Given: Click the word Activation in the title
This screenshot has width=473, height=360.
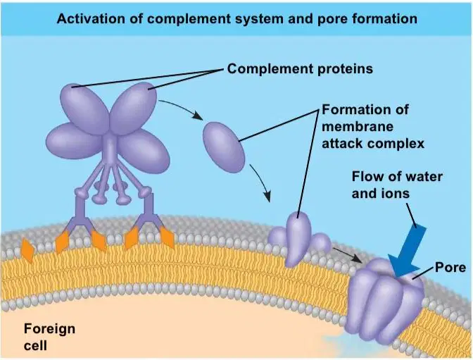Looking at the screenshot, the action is pyautogui.click(x=91, y=19).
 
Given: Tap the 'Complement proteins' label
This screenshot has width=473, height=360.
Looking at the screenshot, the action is pyautogui.click(x=300, y=69).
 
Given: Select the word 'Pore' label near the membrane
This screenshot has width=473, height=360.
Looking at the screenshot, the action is pyautogui.click(x=450, y=268).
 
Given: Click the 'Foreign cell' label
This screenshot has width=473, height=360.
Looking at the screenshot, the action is pyautogui.click(x=49, y=337).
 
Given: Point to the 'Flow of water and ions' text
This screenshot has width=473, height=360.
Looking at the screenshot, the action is pyautogui.click(x=397, y=185).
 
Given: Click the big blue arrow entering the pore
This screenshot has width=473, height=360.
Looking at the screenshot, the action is pyautogui.click(x=407, y=251).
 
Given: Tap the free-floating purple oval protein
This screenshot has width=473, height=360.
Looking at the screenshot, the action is pyautogui.click(x=224, y=147).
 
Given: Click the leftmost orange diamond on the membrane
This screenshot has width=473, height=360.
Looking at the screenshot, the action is pyautogui.click(x=27, y=250).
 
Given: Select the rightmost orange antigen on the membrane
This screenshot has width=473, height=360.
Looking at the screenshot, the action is pyautogui.click(x=167, y=237).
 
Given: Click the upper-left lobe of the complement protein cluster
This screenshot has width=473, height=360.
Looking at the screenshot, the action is pyautogui.click(x=84, y=108).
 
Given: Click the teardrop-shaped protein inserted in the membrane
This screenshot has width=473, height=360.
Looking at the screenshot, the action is pyautogui.click(x=297, y=240).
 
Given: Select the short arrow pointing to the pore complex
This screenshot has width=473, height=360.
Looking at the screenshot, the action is pyautogui.click(x=347, y=256).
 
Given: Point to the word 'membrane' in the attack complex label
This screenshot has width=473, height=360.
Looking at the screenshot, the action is pyautogui.click(x=358, y=126).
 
